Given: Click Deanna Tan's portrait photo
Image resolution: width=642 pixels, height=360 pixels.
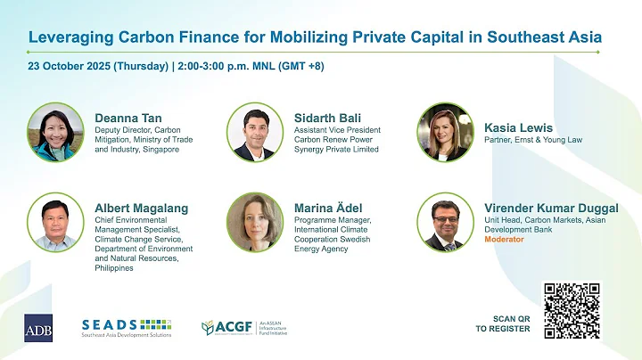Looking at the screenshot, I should tap(56, 131).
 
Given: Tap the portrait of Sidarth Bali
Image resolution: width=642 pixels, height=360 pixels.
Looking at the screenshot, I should tap(255, 131).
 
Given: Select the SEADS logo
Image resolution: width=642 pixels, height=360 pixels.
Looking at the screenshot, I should tap(126, 327).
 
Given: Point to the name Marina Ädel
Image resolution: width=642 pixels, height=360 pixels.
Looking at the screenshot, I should tap(332, 208).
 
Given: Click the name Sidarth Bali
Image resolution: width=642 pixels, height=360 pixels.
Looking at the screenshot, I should tap(330, 116).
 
